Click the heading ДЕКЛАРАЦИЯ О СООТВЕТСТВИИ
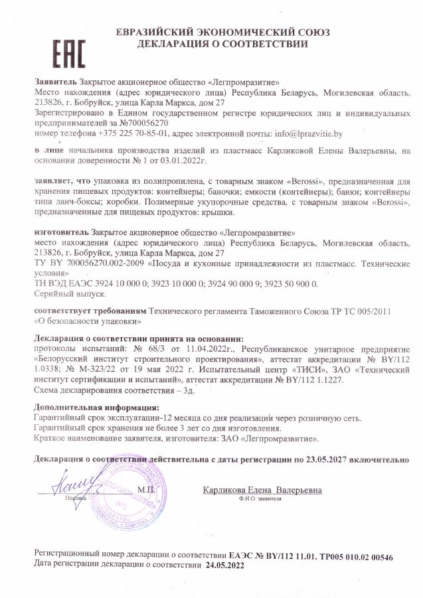pos(222,44)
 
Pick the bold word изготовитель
pos(61,233)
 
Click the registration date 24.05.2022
pos(225,566)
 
